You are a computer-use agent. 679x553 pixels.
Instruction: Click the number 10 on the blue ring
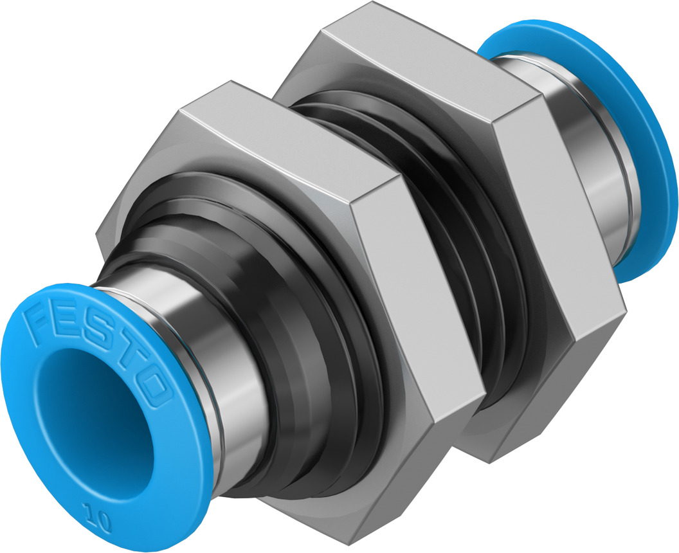pos(95,514)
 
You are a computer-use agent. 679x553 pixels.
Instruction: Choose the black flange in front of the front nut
pos(302,386)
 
